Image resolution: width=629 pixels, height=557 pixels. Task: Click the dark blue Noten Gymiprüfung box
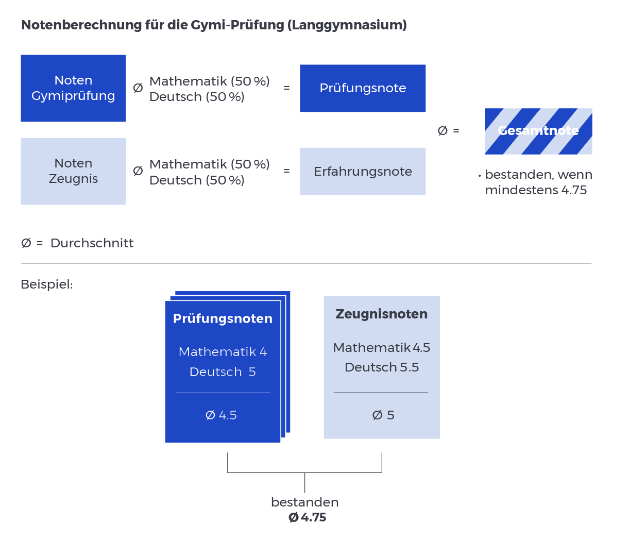(73, 88)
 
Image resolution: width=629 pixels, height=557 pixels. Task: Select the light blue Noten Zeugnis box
(73, 171)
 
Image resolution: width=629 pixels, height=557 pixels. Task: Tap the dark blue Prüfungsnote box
(363, 88)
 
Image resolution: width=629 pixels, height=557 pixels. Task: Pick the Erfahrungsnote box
(363, 171)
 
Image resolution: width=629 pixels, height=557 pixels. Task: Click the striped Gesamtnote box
(538, 131)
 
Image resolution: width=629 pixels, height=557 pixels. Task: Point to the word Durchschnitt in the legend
(92, 243)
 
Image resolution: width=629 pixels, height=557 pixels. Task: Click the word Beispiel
(47, 284)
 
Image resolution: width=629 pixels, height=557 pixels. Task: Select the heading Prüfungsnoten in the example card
(223, 318)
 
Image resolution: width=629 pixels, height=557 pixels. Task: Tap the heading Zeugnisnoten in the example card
(381, 314)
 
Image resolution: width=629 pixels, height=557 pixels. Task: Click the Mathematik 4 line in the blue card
(223, 352)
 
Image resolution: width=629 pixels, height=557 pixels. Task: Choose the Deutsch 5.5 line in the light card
(381, 367)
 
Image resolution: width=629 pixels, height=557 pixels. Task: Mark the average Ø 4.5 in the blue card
(221, 415)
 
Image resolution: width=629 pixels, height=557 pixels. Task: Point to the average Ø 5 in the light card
(383, 415)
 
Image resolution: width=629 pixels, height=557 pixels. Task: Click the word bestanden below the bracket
(304, 502)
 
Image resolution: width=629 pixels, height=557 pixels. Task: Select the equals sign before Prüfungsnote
(286, 88)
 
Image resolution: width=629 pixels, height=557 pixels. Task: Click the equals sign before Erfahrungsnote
(286, 171)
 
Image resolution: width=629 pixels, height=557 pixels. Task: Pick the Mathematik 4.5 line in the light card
(381, 348)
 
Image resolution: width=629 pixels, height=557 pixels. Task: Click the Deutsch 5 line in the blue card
(223, 372)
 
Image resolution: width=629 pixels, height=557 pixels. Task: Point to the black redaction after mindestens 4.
(580, 190)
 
